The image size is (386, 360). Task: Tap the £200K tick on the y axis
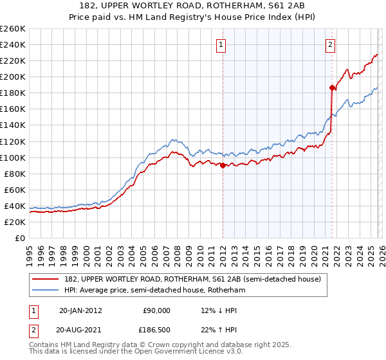tap(13, 76)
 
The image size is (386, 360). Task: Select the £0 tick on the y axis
tap(21, 238)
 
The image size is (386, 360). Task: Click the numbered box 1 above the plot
tap(221, 45)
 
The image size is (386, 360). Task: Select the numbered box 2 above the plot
tap(330, 45)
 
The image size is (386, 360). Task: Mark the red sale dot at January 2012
tap(223, 165)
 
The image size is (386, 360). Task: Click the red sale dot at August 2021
tap(332, 87)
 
